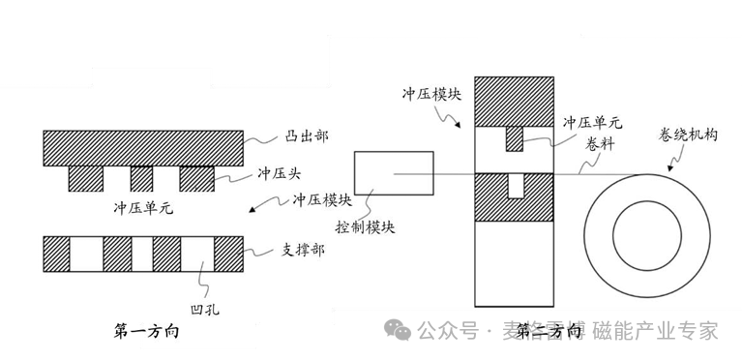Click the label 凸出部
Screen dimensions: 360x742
coord(282,136)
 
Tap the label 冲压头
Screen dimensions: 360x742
coord(282,174)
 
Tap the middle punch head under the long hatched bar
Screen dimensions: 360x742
coord(142,178)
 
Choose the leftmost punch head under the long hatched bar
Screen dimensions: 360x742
coord(85,178)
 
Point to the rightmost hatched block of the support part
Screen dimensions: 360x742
coord(227,253)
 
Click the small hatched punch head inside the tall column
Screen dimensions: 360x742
coord(514,139)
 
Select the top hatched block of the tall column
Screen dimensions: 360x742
coord(514,99)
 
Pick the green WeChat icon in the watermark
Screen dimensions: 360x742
coord(399,331)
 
